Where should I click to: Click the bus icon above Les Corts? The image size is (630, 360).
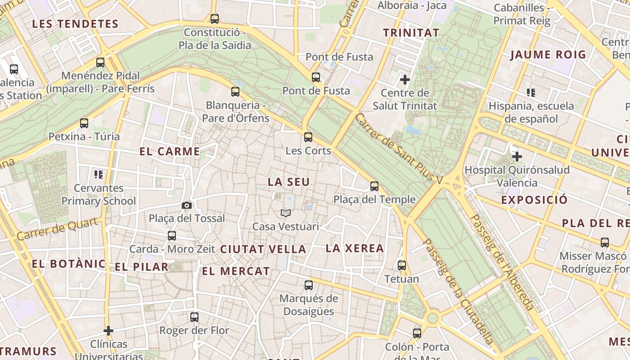coord(308,137)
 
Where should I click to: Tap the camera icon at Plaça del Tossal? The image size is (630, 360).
coord(187,206)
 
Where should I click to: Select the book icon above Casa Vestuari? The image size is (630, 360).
coord(286,213)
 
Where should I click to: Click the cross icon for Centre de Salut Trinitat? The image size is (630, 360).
coord(405,80)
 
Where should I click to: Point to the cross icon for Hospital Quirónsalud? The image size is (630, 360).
coord(517,157)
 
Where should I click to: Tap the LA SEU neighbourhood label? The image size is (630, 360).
coord(288,182)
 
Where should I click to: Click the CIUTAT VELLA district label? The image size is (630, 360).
coord(263,249)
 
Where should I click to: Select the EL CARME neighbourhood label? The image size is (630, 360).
coord(170,152)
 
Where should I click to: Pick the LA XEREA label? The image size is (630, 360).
coord(355,248)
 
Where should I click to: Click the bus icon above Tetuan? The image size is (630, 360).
coord(402,265)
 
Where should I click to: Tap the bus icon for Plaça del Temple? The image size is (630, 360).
coord(374,186)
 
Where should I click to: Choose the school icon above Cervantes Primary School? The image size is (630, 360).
coord(98,174)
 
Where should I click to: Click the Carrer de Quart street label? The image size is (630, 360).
coord(57,229)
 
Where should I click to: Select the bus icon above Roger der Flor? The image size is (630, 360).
coord(194,317)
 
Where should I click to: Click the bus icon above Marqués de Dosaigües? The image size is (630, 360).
coord(309,285)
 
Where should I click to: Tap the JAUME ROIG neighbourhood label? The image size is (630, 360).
coord(548,55)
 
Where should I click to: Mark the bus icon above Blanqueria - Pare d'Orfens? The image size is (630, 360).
coord(235,92)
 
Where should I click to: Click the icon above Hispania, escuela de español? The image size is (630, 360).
coord(531,93)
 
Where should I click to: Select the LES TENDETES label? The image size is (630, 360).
coord(75,24)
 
